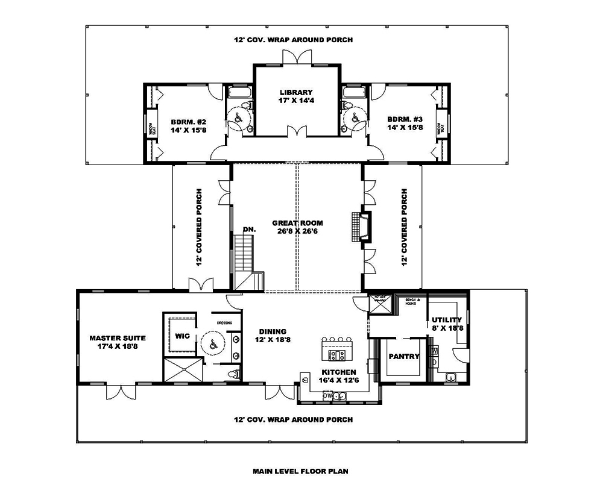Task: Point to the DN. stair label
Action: click(248, 230)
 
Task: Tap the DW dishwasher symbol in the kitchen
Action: click(327, 395)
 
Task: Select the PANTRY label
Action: click(403, 357)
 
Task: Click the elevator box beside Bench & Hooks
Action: click(380, 305)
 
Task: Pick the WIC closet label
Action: click(183, 336)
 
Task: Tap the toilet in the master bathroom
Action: click(233, 374)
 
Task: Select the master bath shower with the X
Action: click(183, 369)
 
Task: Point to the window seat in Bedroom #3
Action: click(443, 128)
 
